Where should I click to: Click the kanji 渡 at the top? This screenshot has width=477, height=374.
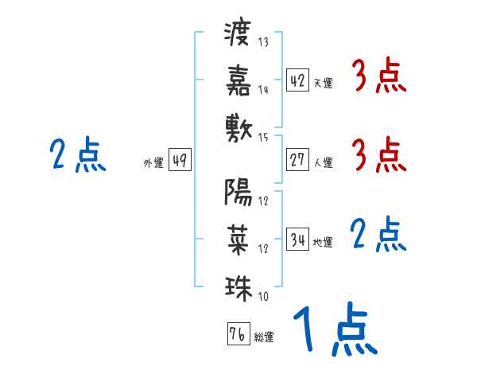pos(238,34)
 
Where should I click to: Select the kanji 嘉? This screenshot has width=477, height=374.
pos(238,80)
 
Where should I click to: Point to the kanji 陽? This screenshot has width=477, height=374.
pos(238,191)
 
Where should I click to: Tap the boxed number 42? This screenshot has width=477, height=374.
pos(297,80)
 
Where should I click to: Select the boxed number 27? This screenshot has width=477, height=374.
pos(297,160)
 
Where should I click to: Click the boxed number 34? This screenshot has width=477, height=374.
pos(297,240)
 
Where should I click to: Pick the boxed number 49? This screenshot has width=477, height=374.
pos(180,160)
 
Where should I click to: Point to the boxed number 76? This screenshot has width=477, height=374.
pos(238,334)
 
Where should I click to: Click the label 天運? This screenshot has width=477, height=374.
pos(323,83)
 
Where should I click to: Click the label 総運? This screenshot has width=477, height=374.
pos(264,337)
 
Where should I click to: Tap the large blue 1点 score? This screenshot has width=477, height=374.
pos(334,330)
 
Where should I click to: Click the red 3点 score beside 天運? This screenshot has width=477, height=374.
pos(378,77)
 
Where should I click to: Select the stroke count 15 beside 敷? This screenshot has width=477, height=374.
pos(264,138)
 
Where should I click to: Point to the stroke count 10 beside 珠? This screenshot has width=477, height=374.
pos(263,297)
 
